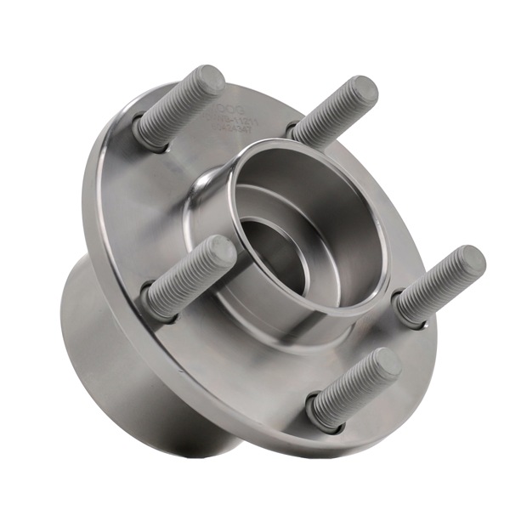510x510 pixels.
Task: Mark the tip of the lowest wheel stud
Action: pyautogui.click(x=386, y=364)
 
